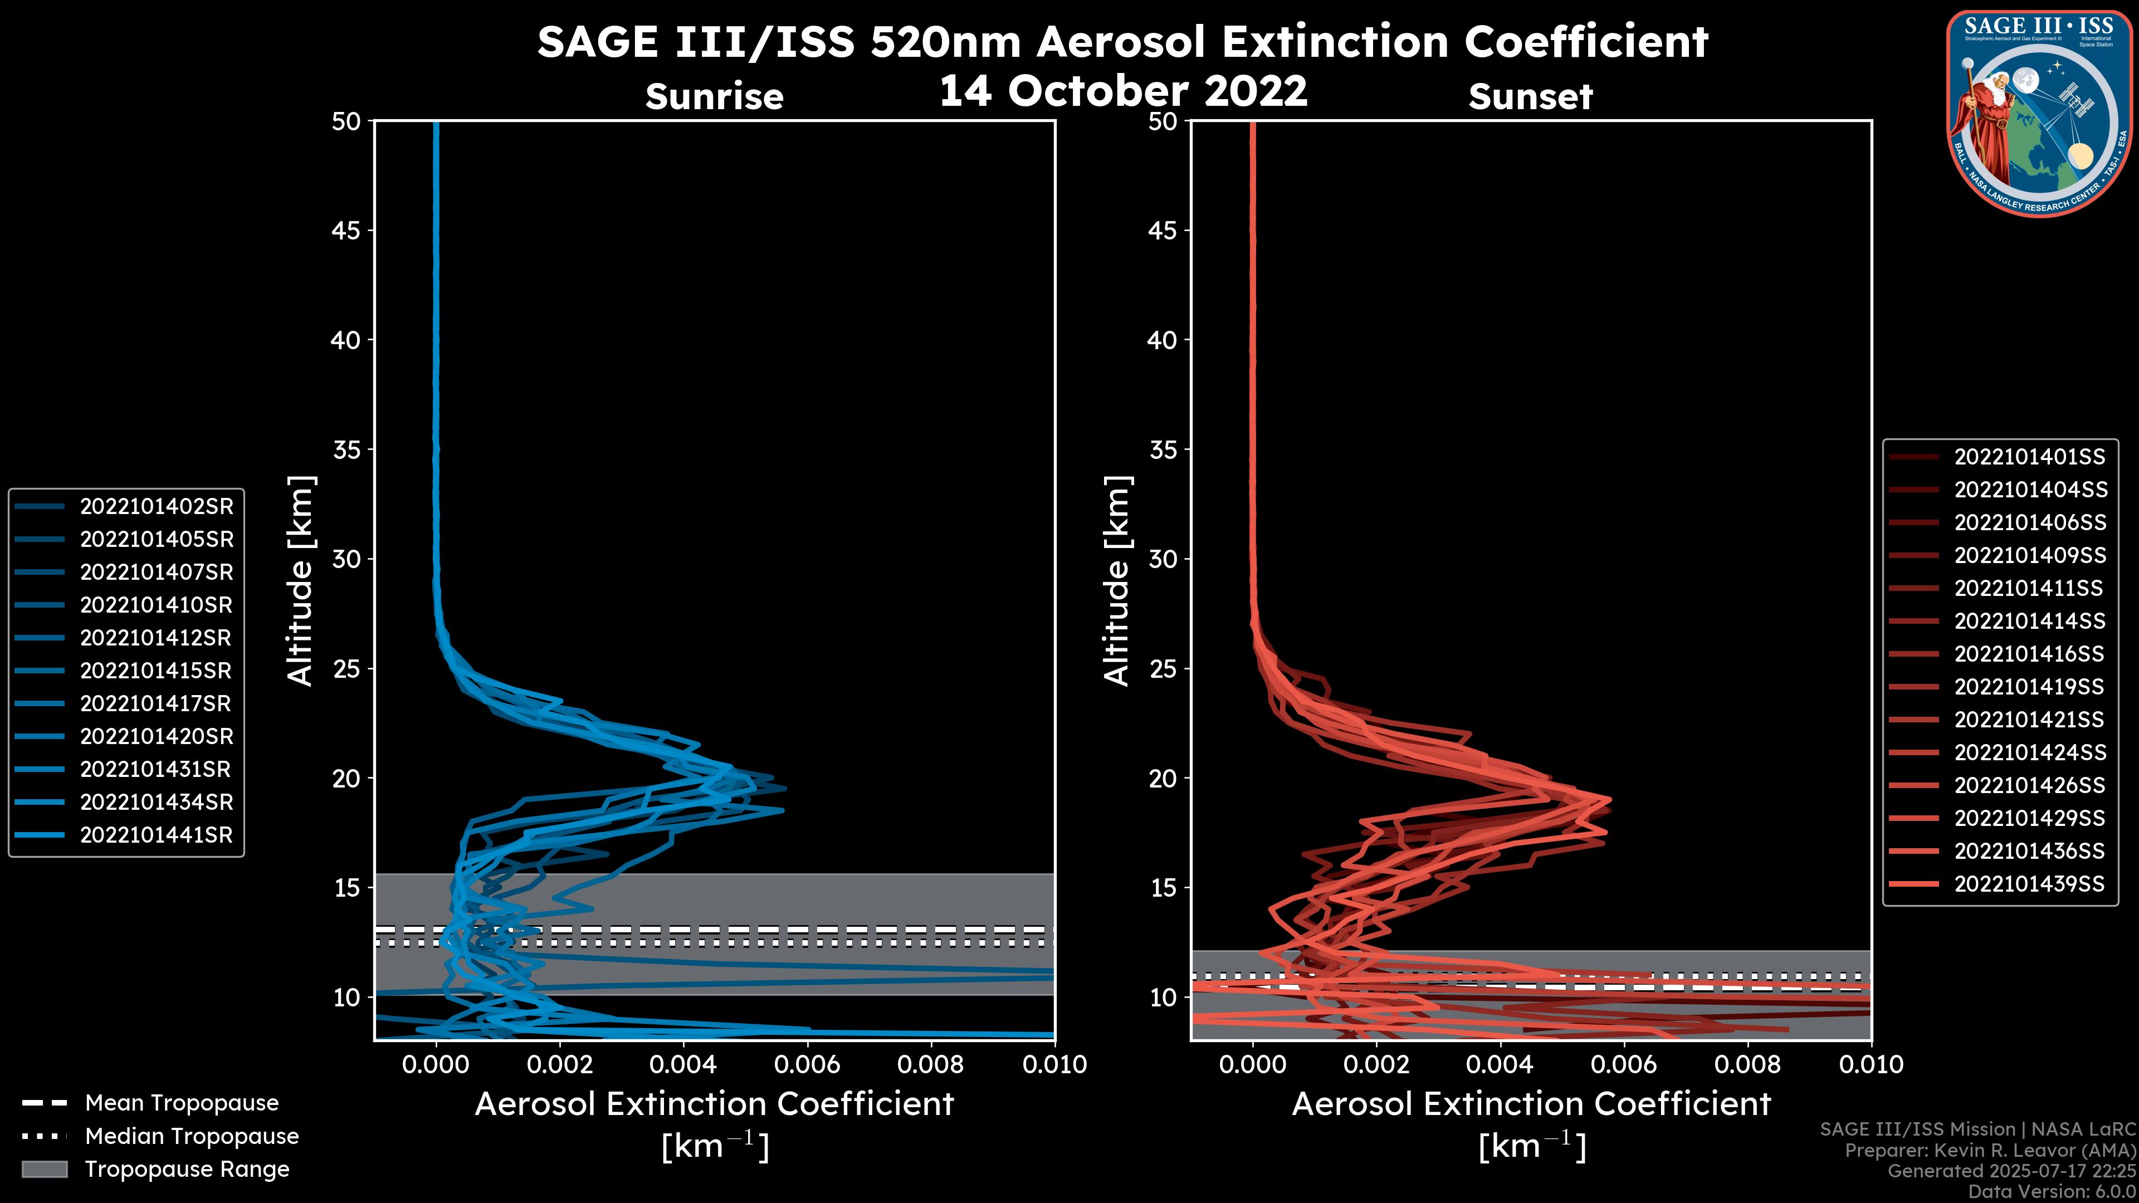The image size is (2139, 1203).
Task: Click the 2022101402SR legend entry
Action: tap(156, 506)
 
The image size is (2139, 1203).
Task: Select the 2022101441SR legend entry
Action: tap(156, 835)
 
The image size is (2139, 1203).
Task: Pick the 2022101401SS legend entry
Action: tap(2029, 457)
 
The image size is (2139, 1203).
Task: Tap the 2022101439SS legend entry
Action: tap(2029, 884)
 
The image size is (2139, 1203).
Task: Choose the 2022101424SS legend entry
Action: tap(2029, 752)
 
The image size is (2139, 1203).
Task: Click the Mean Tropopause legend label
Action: tap(182, 1103)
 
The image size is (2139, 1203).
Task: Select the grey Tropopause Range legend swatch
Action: tap(45, 1169)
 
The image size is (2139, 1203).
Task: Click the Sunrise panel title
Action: tap(714, 97)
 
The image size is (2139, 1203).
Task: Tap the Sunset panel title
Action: tap(1530, 97)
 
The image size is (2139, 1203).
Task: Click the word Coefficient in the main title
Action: tap(1585, 42)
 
